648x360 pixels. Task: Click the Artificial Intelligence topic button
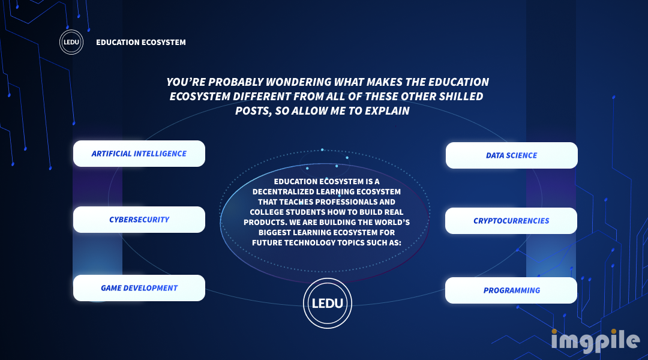point(139,154)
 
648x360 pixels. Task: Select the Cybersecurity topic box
point(139,220)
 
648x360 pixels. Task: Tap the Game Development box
point(139,288)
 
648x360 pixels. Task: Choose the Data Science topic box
point(512,155)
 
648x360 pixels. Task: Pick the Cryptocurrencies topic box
point(511,221)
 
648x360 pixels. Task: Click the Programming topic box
point(511,290)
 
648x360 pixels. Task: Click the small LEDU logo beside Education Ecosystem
point(71,42)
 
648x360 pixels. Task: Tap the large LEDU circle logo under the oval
point(328,304)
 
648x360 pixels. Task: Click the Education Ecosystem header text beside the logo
point(141,42)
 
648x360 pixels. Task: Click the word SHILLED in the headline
point(461,97)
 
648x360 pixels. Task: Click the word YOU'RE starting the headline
point(186,82)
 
